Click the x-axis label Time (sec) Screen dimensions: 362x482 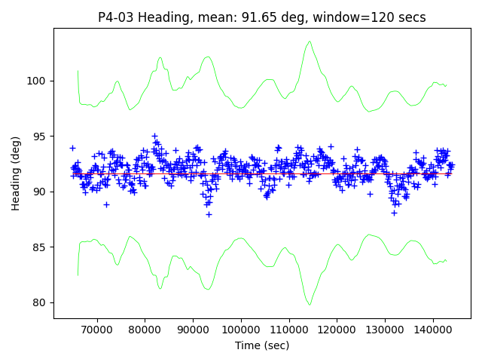coord(262,345)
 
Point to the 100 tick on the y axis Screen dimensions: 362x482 coord(38,81)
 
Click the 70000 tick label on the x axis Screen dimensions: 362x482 coord(96,330)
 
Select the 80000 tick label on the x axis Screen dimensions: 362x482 coord(145,330)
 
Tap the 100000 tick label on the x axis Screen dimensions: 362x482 coord(240,330)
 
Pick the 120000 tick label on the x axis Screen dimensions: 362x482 coord(337,330)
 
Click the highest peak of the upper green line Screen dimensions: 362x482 coord(309,42)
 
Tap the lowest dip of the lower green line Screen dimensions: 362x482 coord(310,304)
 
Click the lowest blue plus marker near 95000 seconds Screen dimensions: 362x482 coord(209,214)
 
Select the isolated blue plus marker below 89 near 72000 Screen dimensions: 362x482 coord(106,204)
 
